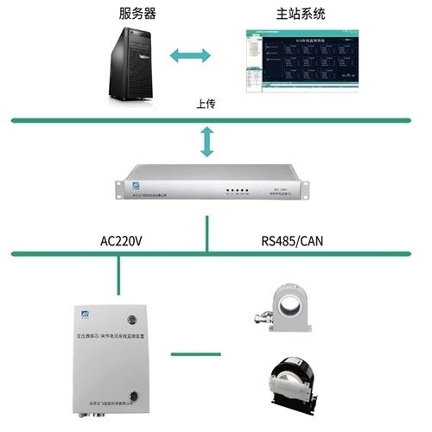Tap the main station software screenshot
[302, 61]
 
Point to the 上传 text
[206, 105]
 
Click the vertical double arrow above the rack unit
[206, 141]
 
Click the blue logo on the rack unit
[135, 185]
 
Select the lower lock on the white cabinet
[132, 397]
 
